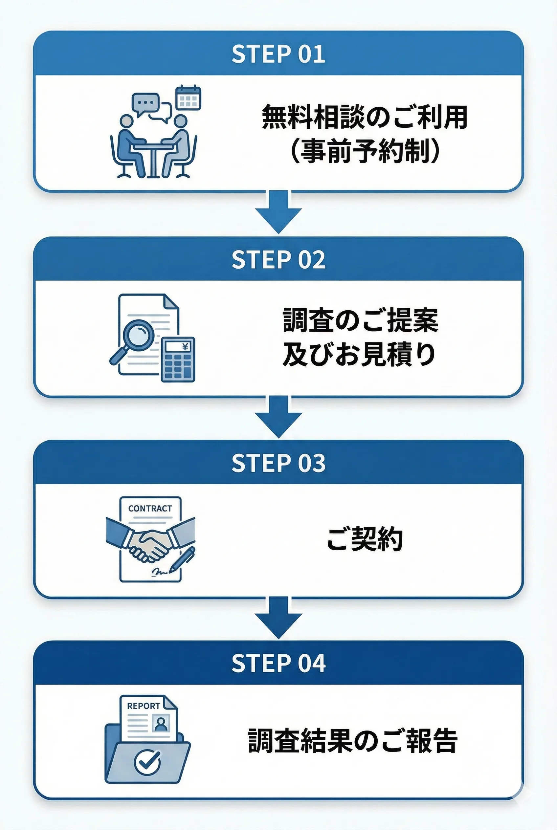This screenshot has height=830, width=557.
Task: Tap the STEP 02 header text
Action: (x=278, y=260)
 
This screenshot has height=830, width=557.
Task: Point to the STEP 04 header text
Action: (x=278, y=663)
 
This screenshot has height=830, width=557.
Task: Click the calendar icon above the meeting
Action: (x=188, y=97)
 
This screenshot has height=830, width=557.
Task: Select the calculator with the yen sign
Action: (x=178, y=360)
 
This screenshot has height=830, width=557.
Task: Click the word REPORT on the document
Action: (x=144, y=706)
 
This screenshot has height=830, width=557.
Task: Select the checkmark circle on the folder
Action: (x=147, y=761)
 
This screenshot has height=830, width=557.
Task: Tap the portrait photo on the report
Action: (x=161, y=723)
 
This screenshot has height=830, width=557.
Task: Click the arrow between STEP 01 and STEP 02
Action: (x=278, y=212)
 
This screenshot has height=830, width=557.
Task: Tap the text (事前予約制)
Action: (x=365, y=151)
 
